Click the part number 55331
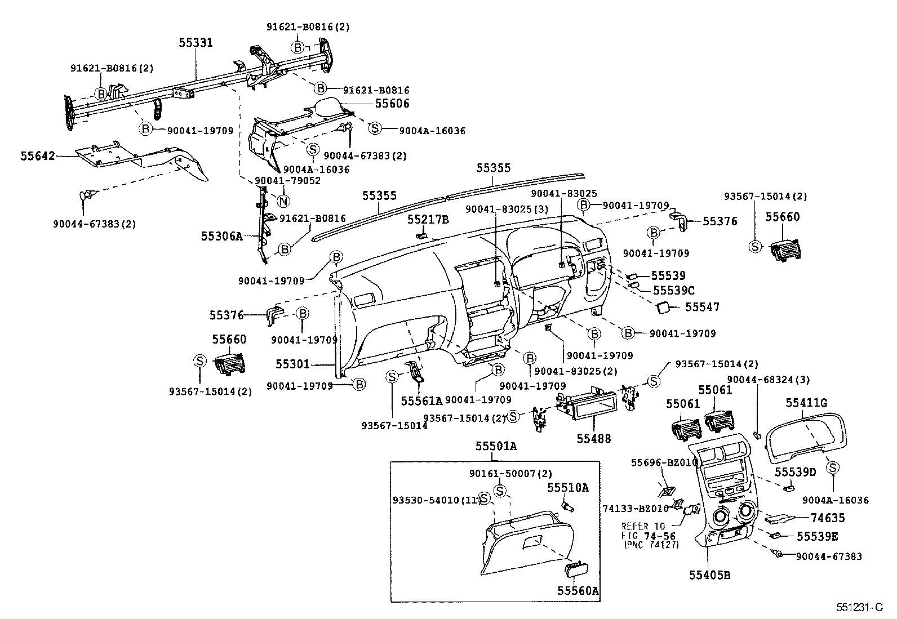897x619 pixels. pos(196,42)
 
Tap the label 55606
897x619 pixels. pos(392,104)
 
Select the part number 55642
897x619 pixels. pos(38,155)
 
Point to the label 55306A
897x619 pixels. pos(221,236)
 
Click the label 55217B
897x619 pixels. pos(428,219)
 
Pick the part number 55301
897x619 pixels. pos(292,364)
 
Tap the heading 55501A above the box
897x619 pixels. pos(495,446)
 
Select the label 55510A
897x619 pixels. pos(567,488)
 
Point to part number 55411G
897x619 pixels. pos(806,403)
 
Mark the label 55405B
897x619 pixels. pos(709,575)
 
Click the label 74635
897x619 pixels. pos(828,518)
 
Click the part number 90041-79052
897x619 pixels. pos(287,181)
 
